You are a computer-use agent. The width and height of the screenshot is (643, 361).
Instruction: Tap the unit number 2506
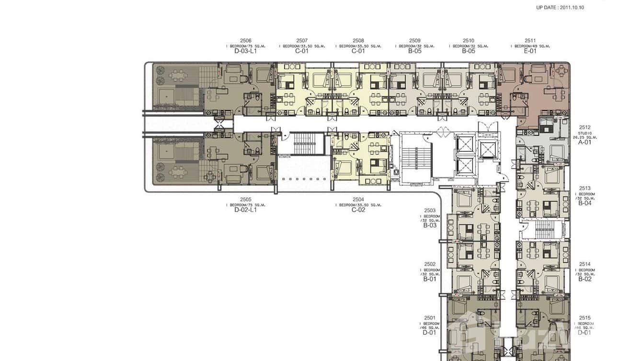245,41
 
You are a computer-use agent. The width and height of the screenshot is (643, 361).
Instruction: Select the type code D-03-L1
245,51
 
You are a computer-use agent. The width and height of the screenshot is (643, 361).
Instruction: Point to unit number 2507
302,41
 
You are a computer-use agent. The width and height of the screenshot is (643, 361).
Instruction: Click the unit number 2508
358,41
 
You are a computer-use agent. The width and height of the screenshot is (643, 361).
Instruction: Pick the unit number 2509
415,41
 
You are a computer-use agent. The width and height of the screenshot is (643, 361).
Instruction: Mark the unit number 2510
469,41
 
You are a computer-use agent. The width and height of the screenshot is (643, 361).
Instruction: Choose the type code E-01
530,51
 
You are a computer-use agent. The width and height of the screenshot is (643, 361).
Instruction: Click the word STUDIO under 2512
585,133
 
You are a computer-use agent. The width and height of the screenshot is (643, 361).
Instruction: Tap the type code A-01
585,142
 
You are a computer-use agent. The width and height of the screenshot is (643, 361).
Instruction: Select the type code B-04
585,203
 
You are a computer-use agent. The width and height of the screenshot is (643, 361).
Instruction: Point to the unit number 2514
585,264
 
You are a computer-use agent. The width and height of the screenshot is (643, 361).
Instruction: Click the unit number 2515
585,317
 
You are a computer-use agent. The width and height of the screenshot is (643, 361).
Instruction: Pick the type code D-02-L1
245,210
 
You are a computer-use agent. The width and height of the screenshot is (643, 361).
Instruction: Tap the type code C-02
358,210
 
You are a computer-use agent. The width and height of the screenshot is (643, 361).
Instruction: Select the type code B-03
430,225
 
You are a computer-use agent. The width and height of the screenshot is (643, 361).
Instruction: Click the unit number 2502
430,264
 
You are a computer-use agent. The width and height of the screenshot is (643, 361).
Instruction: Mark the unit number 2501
430,317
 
